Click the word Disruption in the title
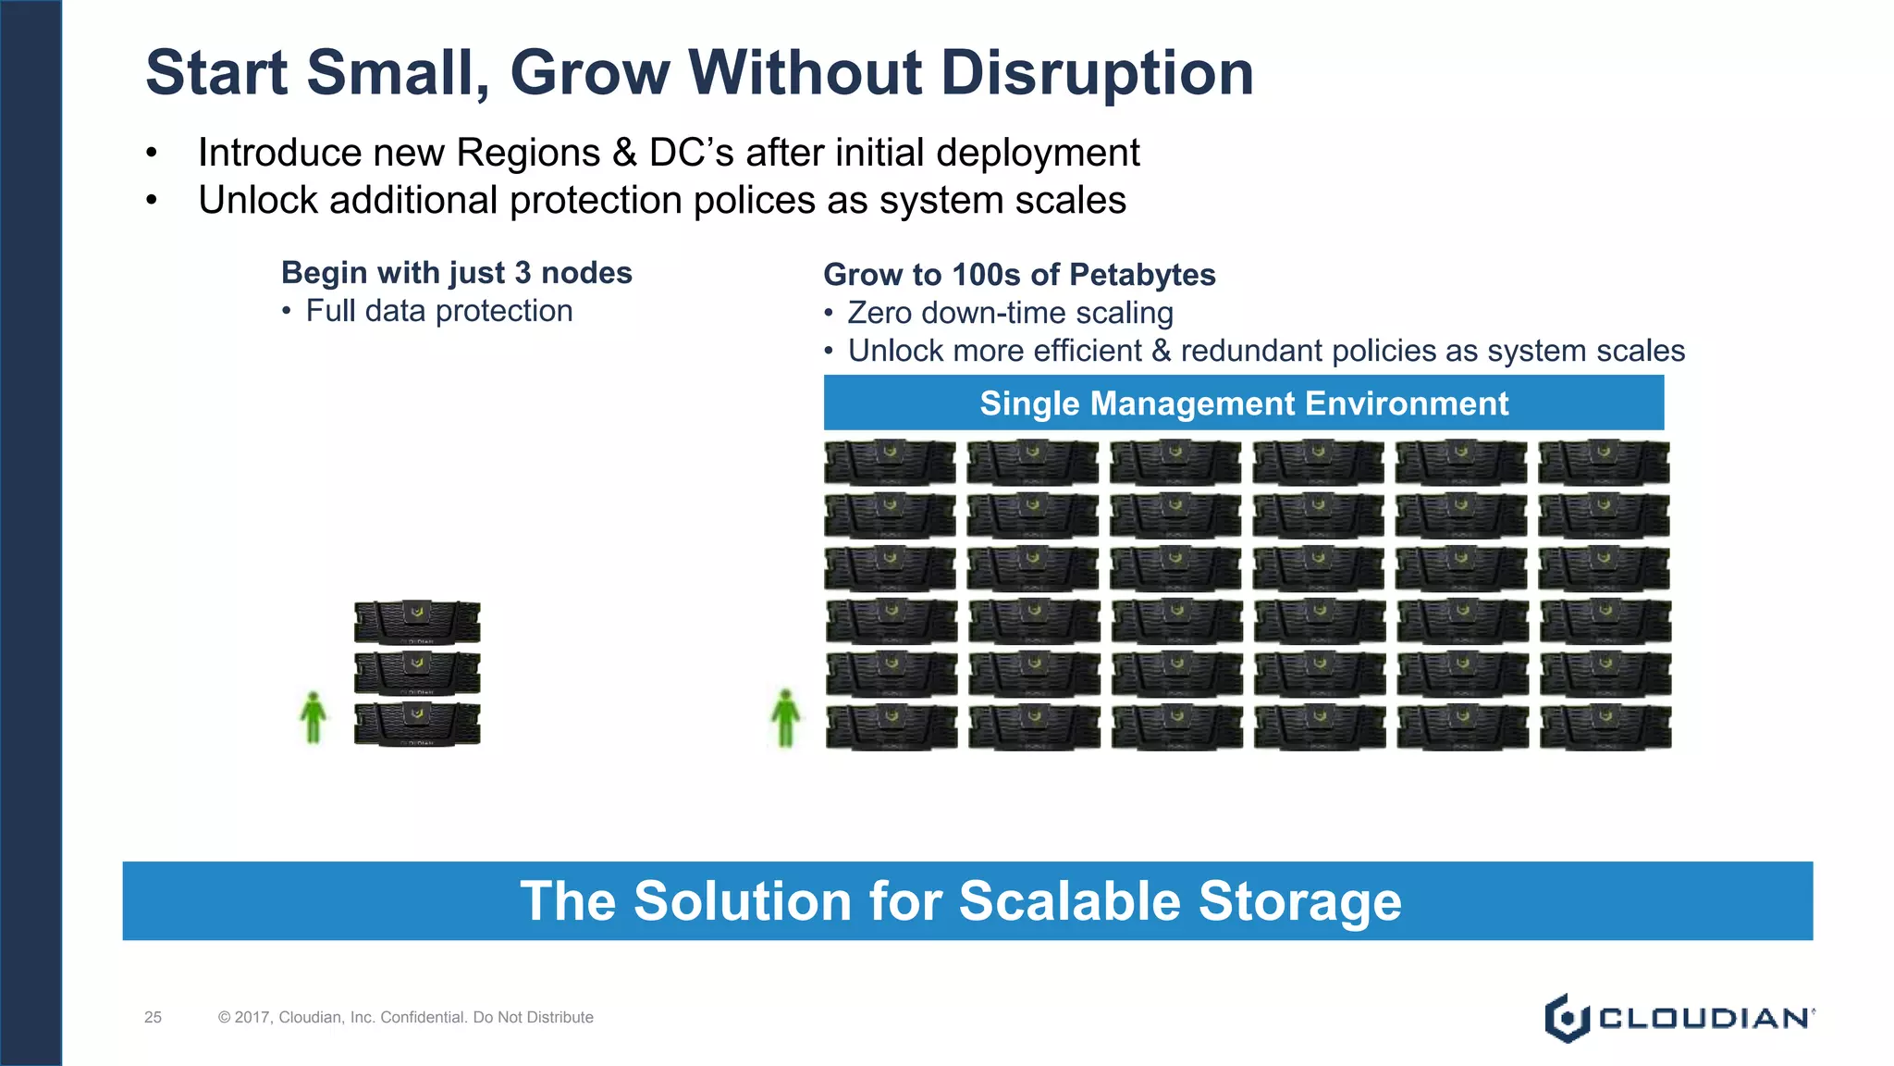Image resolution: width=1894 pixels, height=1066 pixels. point(1097,73)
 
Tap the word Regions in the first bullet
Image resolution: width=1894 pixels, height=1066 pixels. point(528,154)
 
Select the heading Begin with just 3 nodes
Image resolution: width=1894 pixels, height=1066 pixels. point(456,273)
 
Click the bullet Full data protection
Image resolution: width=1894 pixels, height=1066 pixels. point(438,311)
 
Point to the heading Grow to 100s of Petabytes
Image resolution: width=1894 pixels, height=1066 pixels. point(1018,275)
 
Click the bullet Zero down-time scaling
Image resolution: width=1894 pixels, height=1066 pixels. point(1010,313)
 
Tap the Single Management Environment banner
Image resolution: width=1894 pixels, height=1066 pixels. point(1243,403)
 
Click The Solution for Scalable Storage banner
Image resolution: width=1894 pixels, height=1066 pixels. point(966,901)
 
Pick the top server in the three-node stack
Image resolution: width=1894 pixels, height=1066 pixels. point(417,622)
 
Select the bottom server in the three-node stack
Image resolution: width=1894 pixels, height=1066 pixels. point(417,725)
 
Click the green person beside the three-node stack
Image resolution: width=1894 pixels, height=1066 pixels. point(314,718)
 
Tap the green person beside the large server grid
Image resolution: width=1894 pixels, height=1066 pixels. point(785,718)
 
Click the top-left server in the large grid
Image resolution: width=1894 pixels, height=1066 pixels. point(890,462)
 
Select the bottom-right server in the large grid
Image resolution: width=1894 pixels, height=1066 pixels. point(1605,727)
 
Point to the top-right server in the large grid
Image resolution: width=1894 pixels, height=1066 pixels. point(1604,462)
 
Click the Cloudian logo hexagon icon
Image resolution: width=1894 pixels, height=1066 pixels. point(1566,1019)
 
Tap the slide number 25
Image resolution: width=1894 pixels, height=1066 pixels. point(153,1018)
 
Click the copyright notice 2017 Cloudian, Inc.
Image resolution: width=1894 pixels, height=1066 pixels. point(405,1018)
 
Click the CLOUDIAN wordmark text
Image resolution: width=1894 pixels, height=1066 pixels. point(1703,1019)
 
